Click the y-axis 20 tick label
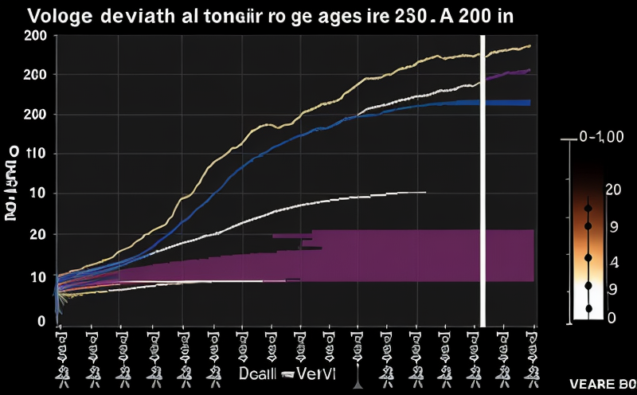click(x=35, y=235)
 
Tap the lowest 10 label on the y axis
click(x=33, y=277)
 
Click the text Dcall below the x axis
click(x=259, y=373)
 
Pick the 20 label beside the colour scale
click(x=612, y=189)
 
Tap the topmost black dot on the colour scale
click(x=588, y=209)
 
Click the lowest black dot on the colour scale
click(x=588, y=308)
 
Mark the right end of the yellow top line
click(x=530, y=46)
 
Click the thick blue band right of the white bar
click(x=510, y=103)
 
